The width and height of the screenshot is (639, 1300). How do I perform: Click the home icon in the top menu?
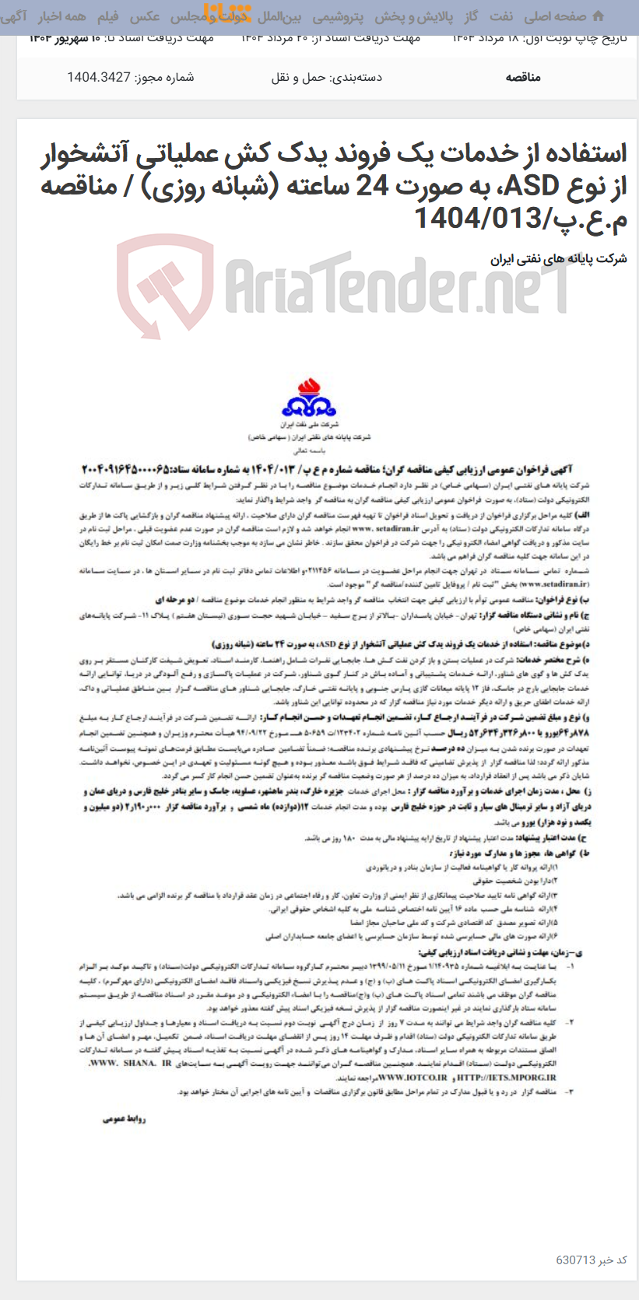coord(598,16)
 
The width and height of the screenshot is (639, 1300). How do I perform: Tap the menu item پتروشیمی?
coord(338,16)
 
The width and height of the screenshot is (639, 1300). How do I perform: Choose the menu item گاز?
coord(470,16)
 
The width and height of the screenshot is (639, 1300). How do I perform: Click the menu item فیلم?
coord(107,16)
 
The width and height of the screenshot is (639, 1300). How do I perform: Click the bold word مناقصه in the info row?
coord(522,77)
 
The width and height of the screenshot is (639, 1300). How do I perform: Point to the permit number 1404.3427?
coord(99,77)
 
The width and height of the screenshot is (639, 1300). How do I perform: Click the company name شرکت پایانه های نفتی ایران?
coord(558,258)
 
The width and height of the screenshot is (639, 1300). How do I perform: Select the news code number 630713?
coord(576,1260)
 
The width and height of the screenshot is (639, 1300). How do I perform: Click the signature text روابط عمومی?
coord(124,1119)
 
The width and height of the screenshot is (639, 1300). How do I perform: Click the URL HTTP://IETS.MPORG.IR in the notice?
coord(507,1077)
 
